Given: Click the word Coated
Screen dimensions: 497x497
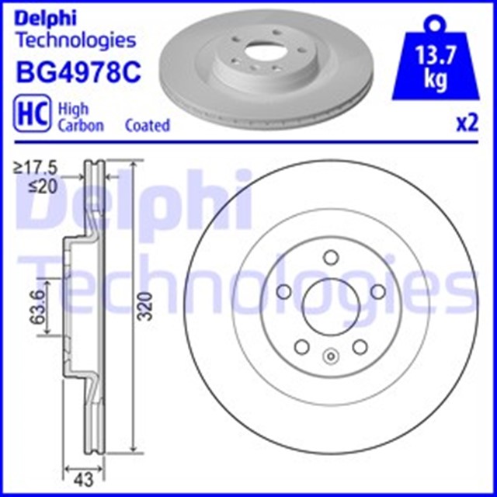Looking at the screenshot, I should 147,125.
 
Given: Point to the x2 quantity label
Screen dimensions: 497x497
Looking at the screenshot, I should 465,124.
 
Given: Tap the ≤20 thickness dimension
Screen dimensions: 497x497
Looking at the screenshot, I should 43,186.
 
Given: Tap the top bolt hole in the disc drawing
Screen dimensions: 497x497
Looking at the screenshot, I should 329,257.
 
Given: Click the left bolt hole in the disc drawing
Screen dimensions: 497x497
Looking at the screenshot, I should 284,292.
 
